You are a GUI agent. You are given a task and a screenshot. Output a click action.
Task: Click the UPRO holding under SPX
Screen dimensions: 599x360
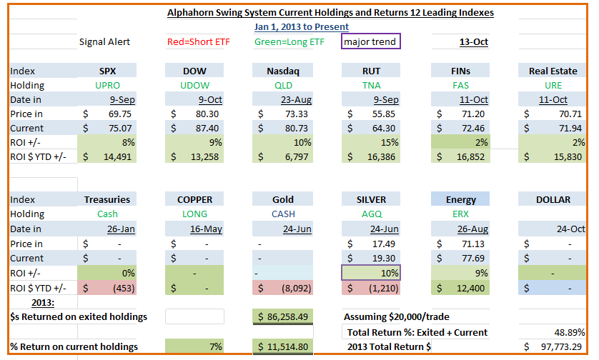[x=107, y=86]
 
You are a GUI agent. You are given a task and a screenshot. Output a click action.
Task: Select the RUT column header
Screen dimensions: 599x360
[x=371, y=71]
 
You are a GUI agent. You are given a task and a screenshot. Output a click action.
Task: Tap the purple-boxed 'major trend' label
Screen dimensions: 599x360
[x=370, y=41]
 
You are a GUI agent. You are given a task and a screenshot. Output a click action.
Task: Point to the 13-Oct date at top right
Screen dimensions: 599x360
[x=474, y=42]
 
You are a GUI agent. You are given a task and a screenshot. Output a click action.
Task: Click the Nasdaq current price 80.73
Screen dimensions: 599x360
[x=297, y=129]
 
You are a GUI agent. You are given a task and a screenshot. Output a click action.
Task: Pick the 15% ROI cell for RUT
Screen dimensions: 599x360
[x=390, y=142]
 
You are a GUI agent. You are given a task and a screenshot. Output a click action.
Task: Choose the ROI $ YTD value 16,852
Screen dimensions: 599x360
[x=470, y=157]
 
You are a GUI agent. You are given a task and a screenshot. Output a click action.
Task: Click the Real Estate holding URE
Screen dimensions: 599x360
[x=553, y=86]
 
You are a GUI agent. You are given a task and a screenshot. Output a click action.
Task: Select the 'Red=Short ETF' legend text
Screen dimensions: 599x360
[x=198, y=42]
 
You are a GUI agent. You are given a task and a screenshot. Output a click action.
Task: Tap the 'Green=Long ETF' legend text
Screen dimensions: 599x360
[x=289, y=42]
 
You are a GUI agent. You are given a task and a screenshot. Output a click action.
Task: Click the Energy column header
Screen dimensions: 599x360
[x=461, y=200]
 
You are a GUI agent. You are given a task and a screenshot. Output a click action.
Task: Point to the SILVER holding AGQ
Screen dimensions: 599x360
[x=371, y=214]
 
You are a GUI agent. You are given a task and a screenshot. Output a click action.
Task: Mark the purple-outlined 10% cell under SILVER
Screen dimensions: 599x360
[x=371, y=273]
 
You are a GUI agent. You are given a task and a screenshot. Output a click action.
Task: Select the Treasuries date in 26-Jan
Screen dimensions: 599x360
[x=121, y=229]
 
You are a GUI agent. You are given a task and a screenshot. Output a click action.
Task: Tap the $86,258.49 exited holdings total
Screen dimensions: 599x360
[x=282, y=316]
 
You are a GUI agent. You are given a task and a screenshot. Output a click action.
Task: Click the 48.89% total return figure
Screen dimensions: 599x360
[x=569, y=333]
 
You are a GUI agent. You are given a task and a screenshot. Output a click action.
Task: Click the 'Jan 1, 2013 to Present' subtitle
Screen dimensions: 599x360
[x=302, y=26]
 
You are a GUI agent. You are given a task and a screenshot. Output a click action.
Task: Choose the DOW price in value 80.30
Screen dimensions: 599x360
[x=207, y=114]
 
